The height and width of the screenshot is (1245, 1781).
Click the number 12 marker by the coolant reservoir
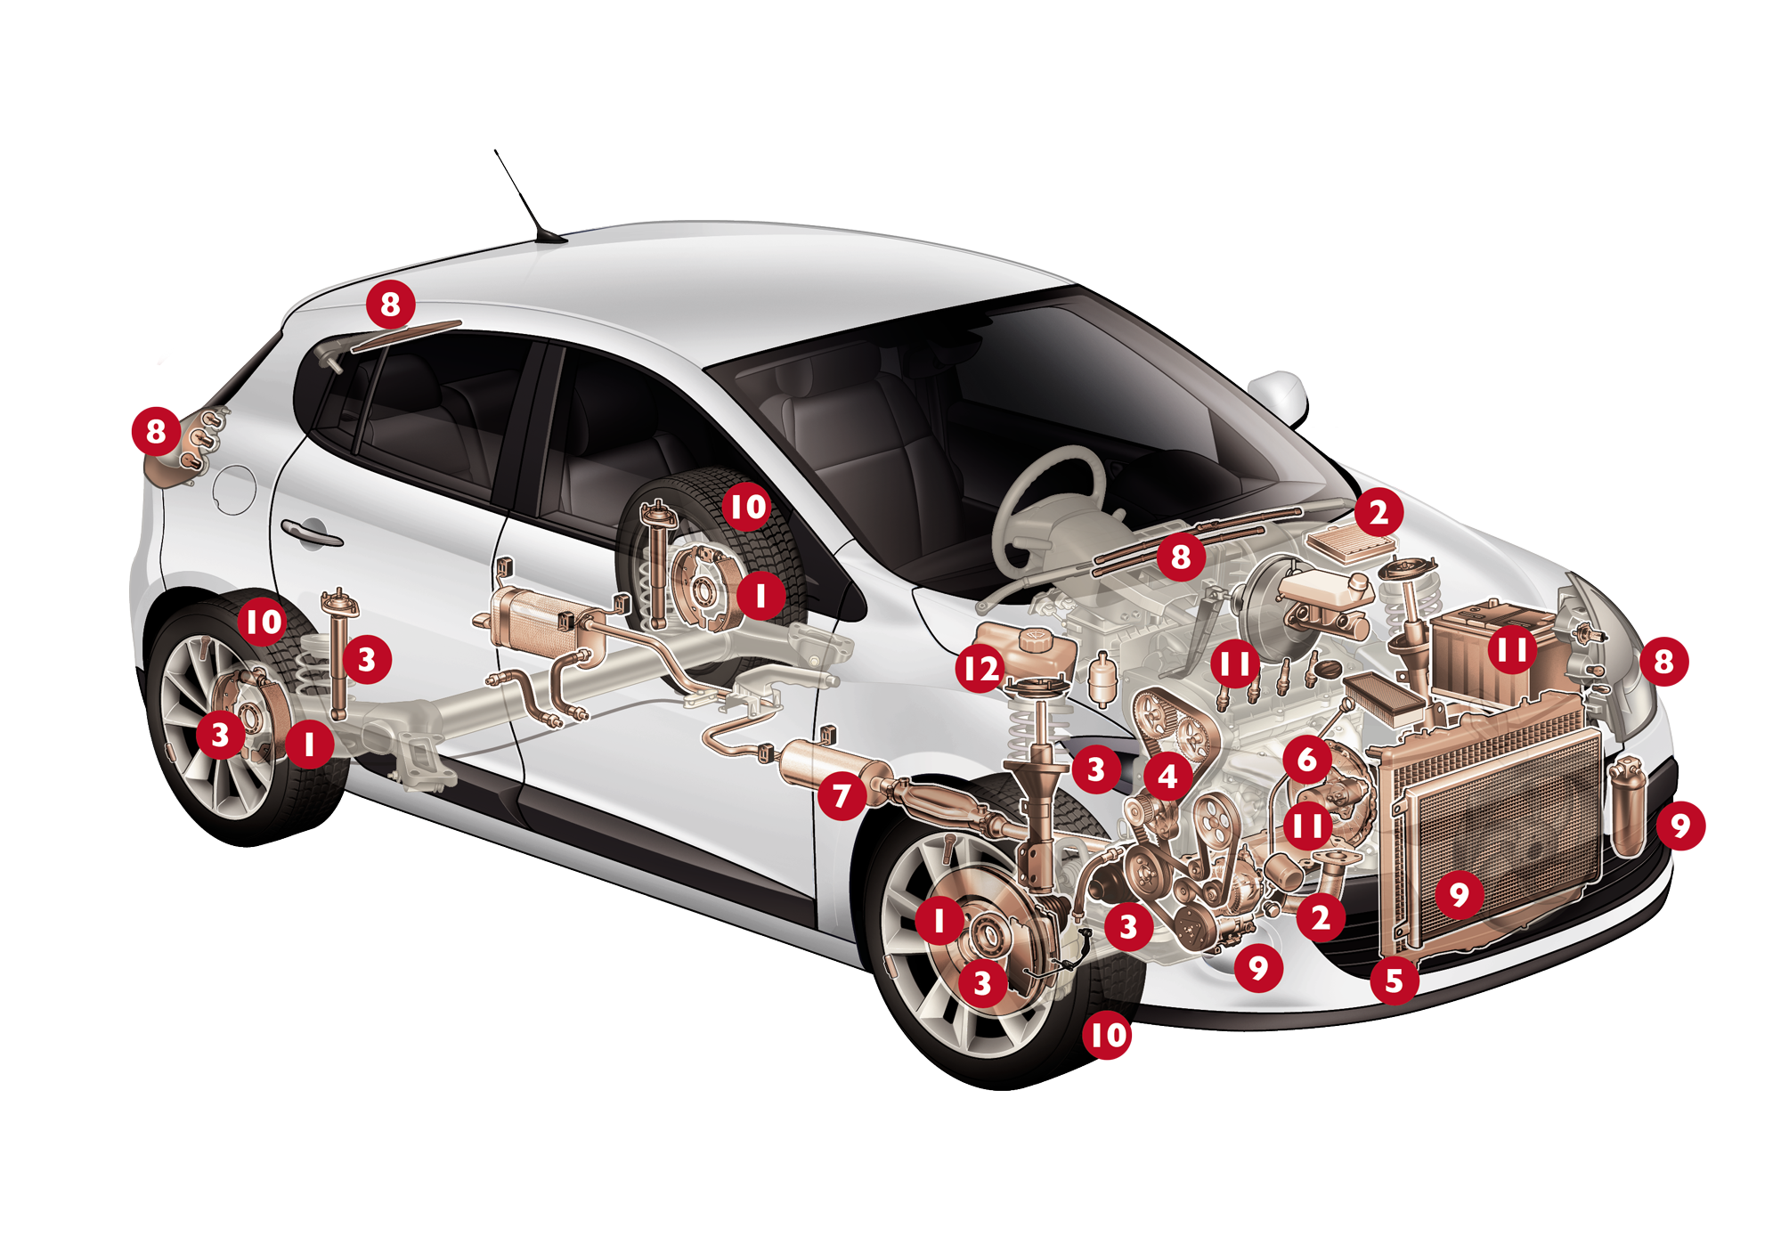tap(980, 668)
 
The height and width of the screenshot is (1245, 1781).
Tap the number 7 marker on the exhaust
tap(842, 795)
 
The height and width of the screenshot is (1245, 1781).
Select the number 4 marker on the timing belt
tap(1167, 777)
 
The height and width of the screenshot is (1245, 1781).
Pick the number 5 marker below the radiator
tap(1395, 981)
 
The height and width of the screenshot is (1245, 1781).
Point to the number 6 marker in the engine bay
tap(1307, 760)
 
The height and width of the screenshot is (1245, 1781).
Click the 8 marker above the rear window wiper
tap(390, 305)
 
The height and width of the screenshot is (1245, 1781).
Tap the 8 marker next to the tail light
tap(156, 431)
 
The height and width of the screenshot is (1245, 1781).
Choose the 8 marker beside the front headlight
tap(1663, 661)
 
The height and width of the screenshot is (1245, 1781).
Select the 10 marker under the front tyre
tap(1108, 1035)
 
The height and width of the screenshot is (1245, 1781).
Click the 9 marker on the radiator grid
tap(1459, 893)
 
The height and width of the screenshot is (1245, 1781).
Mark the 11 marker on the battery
tap(1512, 649)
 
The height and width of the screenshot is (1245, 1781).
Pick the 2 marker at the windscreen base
tap(1378, 512)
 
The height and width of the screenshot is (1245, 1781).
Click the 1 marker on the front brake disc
tap(939, 920)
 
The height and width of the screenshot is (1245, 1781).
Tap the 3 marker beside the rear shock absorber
tap(366, 659)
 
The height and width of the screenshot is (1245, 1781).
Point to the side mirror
tap(1281, 397)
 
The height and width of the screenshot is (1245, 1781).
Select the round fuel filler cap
tap(235, 489)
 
